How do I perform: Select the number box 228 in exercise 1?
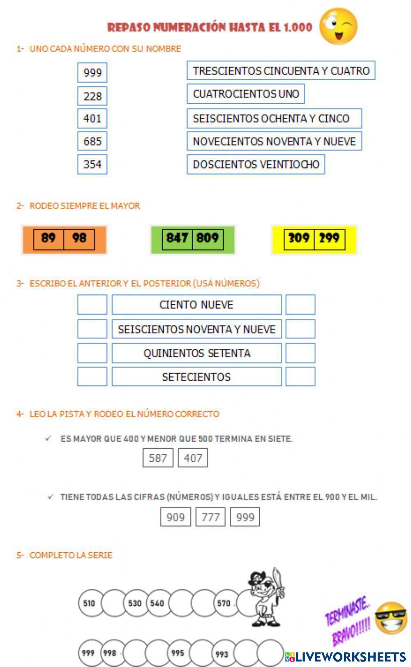point(92,96)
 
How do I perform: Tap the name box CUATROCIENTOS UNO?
point(245,94)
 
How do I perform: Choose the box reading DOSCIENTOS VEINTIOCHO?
point(256,164)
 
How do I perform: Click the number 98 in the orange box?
point(79,238)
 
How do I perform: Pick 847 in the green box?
point(177,238)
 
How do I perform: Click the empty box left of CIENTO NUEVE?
point(92,305)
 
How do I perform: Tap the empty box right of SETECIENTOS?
point(300,377)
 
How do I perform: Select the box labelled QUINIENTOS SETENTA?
point(196,353)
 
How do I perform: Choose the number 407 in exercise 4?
point(193,458)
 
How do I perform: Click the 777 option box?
point(210,517)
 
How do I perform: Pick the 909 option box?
point(175,517)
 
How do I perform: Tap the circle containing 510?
point(90,603)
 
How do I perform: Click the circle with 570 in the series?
point(224,603)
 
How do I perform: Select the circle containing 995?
point(178,653)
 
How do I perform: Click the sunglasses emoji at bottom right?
point(391,618)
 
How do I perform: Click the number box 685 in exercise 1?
point(92,141)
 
